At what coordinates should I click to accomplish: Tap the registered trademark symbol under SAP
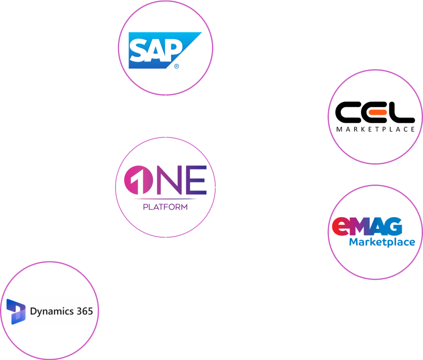click(176, 66)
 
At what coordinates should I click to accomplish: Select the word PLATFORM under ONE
click(165, 207)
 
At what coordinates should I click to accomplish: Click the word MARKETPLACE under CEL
click(376, 129)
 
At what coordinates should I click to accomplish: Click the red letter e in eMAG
click(340, 227)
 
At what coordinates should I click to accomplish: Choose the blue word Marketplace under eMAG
click(382, 242)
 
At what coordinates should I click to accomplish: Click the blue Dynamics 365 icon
click(16, 311)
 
